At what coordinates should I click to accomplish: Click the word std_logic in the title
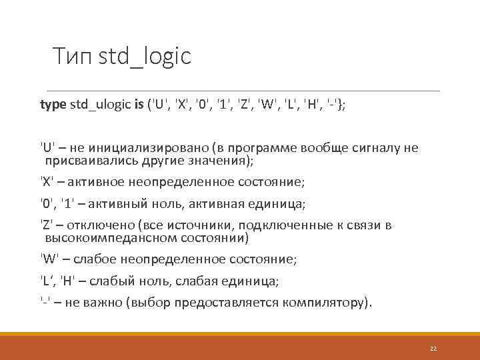145,57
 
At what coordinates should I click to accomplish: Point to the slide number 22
433,348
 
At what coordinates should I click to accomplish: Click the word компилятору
325,303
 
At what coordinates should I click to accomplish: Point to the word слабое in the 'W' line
97,259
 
